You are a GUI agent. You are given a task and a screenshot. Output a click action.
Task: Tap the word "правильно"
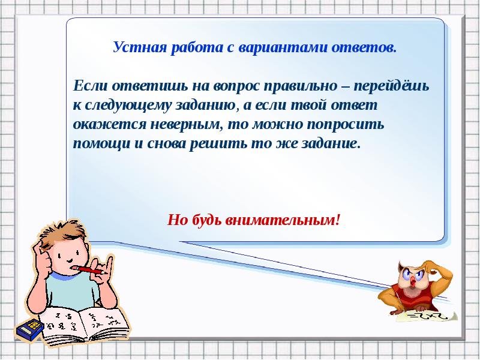tap(300, 86)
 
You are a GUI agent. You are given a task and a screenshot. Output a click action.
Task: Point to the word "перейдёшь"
tap(392, 86)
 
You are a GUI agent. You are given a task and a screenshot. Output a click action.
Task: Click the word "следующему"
tap(128, 106)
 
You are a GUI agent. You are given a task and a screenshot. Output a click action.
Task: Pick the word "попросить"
tap(345, 125)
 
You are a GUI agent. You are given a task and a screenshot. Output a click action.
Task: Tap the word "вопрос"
tap(236, 86)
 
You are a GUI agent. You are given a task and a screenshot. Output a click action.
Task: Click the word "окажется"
tap(109, 125)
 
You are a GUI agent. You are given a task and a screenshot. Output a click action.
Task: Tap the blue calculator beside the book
tap(29, 329)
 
